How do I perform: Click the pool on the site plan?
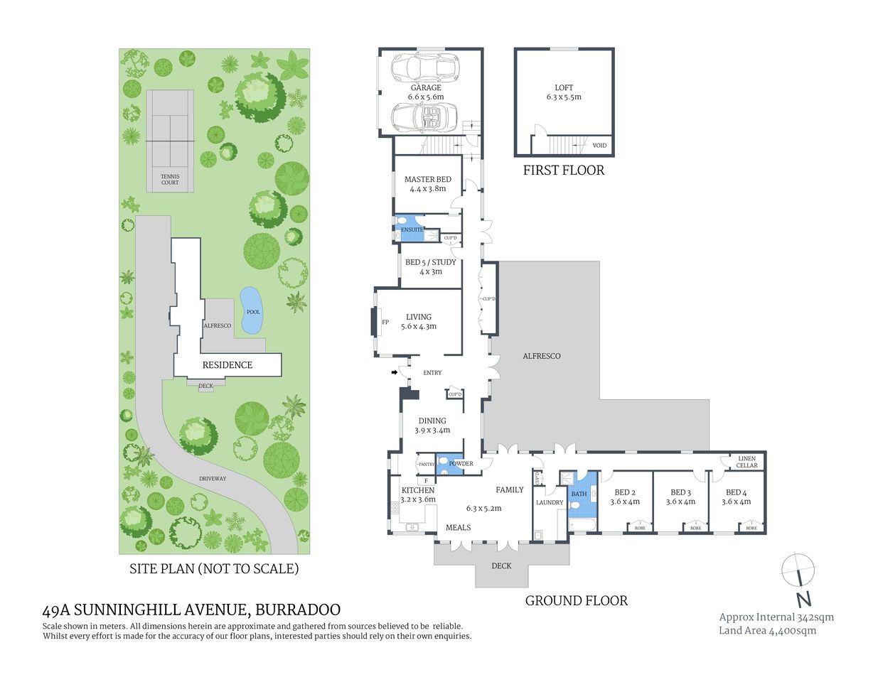click(250, 310)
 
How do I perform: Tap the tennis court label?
click(170, 180)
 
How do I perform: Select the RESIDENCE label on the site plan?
click(228, 365)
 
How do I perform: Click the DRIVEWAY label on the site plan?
click(213, 479)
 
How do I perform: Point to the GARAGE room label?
click(425, 88)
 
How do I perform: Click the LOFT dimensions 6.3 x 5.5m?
click(564, 97)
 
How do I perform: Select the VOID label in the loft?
click(599, 146)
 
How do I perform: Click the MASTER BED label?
click(428, 180)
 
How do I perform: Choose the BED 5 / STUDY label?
click(431, 262)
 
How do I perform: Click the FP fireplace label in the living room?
click(385, 323)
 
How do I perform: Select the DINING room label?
click(432, 421)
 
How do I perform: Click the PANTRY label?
click(427, 465)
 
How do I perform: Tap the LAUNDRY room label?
click(550, 503)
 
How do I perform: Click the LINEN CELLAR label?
click(746, 462)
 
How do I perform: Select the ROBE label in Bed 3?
click(695, 529)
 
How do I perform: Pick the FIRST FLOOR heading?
click(564, 170)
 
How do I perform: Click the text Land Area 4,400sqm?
click(767, 631)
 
